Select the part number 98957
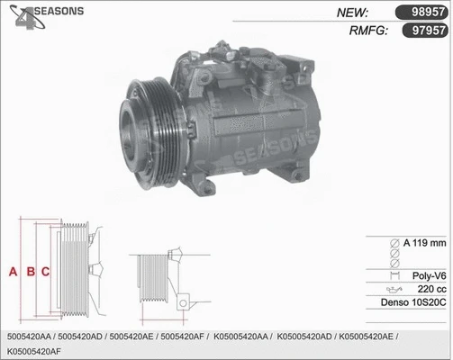pos(421,12)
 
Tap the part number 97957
pos(421,31)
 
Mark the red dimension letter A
pos(13,271)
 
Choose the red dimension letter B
pos(30,271)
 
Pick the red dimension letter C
pos(44,271)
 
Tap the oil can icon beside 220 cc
pos(393,289)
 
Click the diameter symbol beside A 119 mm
pos(393,244)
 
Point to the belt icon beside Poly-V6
pos(393,274)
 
